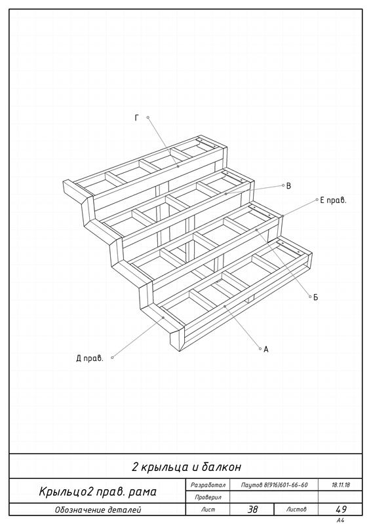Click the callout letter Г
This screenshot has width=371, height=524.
click(137, 118)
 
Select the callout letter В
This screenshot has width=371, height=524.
click(288, 186)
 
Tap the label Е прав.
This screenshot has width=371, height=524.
click(333, 200)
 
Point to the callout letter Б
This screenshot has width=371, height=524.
click(315, 297)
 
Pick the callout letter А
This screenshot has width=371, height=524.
click(266, 350)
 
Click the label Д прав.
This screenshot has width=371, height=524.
click(90, 358)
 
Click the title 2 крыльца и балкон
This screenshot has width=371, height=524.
click(186, 466)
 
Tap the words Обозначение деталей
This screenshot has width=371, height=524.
click(98, 510)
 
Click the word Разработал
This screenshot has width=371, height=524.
click(208, 485)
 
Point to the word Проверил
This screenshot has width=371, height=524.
click(208, 497)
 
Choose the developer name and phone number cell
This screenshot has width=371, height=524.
click(274, 485)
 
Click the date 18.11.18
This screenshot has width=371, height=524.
click(341, 485)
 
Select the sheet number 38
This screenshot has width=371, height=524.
click(252, 510)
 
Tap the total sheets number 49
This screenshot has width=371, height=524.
click(341, 510)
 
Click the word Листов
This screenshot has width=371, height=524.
click(296, 510)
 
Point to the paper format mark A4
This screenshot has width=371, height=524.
click(341, 520)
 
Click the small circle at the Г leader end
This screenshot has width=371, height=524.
click(148, 117)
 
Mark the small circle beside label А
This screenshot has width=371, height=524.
click(260, 348)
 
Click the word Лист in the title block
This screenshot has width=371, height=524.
click(208, 510)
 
